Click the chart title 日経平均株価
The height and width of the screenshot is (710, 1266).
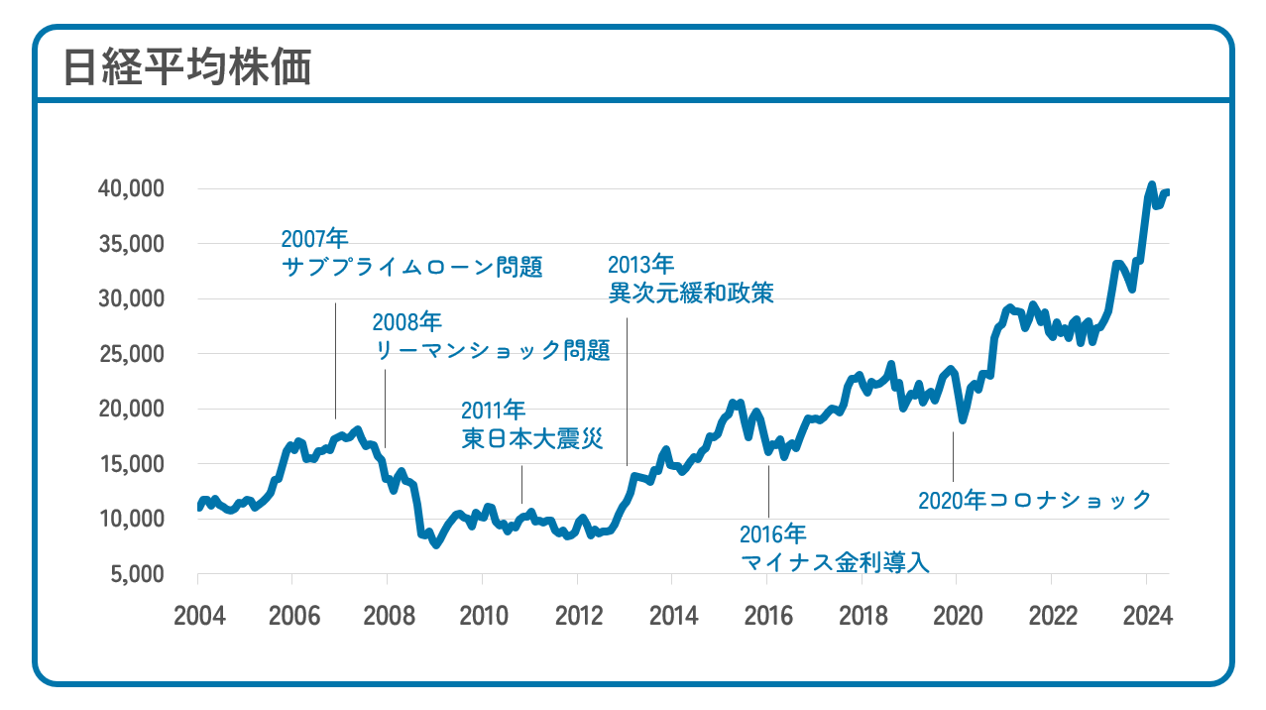187,66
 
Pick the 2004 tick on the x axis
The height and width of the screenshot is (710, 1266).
199,615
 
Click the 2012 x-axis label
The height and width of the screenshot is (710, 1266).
579,615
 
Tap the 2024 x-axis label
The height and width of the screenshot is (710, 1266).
1147,615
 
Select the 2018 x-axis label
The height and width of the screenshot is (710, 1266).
863,615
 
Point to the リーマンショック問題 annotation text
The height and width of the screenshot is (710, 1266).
492,350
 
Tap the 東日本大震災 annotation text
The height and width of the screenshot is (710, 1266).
531,438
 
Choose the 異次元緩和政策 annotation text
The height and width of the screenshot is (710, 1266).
690,293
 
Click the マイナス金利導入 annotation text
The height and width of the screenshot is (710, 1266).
834,562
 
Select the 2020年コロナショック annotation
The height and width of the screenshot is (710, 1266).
1035,500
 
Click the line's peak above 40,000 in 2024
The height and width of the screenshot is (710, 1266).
1151,184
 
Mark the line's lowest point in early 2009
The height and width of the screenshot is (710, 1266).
435,544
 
